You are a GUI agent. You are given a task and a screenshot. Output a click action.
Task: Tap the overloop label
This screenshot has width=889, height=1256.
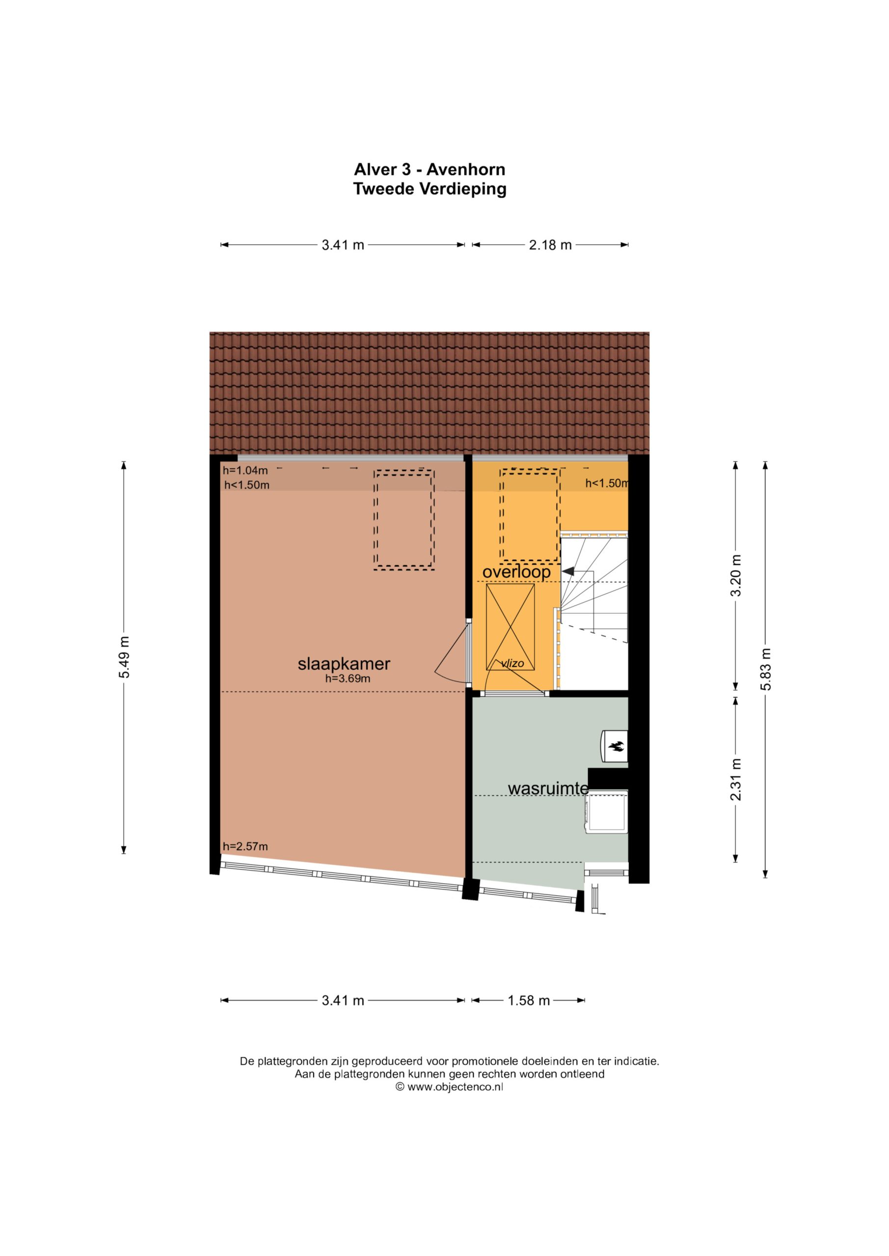[516, 572]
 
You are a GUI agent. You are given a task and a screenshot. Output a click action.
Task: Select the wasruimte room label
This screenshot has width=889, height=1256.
[548, 788]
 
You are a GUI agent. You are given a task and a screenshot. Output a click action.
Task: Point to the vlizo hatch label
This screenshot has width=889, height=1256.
[512, 663]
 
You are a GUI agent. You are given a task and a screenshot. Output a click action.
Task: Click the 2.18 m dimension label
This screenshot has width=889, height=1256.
[550, 245]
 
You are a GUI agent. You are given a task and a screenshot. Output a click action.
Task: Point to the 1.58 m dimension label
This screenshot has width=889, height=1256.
[528, 1000]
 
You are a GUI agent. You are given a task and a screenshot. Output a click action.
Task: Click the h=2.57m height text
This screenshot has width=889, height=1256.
[245, 846]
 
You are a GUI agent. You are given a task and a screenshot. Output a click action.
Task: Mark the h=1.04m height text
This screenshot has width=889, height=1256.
[245, 470]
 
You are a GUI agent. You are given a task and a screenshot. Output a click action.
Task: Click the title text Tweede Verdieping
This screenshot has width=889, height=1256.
[430, 189]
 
